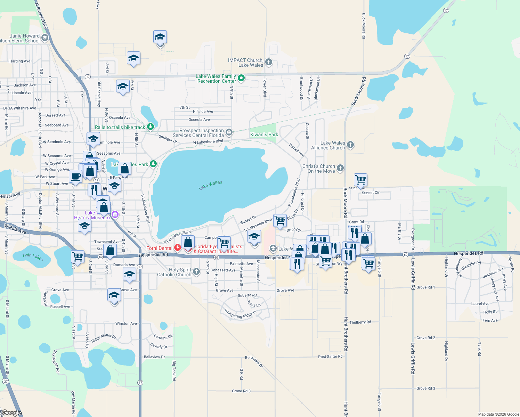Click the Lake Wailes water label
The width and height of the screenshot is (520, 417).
pyautogui.click(x=210, y=185)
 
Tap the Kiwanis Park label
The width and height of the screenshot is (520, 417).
pyautogui.click(x=264, y=134)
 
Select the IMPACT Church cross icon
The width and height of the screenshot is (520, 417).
pyautogui.click(x=268, y=62)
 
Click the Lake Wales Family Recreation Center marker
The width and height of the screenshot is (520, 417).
pyautogui.click(x=241, y=78)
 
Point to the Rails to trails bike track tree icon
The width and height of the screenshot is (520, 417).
pyautogui.click(x=150, y=126)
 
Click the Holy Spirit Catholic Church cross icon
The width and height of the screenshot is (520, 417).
pyautogui.click(x=196, y=271)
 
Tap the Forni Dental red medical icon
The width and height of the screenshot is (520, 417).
pyautogui.click(x=178, y=248)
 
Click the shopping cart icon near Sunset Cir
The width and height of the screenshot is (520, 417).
pyautogui.click(x=360, y=180)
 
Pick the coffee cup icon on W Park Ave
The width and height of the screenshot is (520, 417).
pyautogui.click(x=75, y=176)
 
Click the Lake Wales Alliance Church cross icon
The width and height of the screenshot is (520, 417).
pyautogui.click(x=350, y=145)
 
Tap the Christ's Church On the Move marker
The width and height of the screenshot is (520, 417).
pyautogui.click(x=340, y=168)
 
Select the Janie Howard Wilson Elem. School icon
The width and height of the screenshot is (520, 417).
pyautogui.click(x=44, y=38)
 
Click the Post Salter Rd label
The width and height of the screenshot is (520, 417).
pyautogui.click(x=330, y=357)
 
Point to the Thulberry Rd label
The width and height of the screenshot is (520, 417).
pyautogui.click(x=360, y=322)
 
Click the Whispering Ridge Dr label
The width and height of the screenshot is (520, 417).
pyautogui.click(x=240, y=313)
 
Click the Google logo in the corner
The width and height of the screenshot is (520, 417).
pyautogui.click(x=11, y=413)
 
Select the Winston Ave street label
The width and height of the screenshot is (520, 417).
pyautogui.click(x=126, y=324)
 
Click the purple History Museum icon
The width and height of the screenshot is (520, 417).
pyautogui.click(x=115, y=215)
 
